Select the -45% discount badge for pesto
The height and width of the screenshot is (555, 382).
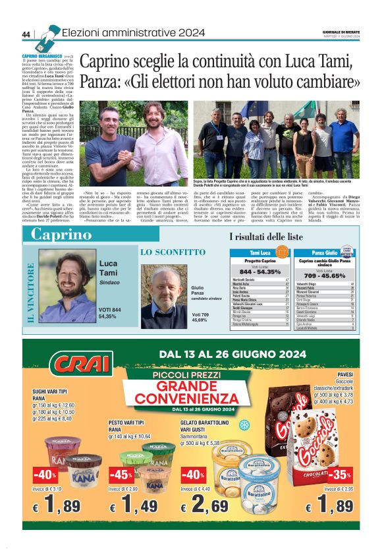(121, 475)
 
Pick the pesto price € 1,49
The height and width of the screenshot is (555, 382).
(134, 507)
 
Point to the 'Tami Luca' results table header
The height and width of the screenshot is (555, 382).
(261, 252)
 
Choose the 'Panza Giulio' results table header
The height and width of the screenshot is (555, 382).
(325, 252)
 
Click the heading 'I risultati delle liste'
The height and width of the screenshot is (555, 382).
(265, 236)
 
